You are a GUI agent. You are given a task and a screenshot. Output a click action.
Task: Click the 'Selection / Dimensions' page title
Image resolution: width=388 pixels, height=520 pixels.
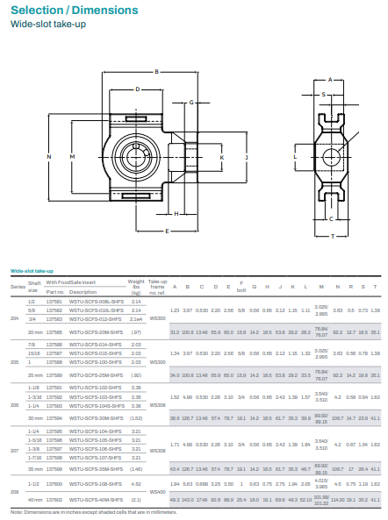[x=74, y=11]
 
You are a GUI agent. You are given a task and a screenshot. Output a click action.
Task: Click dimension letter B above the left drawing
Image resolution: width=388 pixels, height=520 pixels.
[x=155, y=71]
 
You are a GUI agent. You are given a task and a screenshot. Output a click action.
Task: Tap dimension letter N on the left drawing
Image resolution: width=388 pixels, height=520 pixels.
[x=49, y=157]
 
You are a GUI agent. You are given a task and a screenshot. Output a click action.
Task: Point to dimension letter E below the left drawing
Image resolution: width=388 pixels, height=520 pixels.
[x=167, y=232]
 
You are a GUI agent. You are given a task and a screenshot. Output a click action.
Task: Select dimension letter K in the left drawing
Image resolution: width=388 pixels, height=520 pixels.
[x=221, y=158]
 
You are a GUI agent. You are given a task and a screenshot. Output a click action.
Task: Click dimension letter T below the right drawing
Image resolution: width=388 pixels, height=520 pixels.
[x=332, y=236]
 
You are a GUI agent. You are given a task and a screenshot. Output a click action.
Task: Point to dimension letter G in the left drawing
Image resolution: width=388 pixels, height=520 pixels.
[x=191, y=102]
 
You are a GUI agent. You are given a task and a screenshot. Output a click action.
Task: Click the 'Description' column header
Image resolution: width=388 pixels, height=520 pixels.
[x=83, y=292]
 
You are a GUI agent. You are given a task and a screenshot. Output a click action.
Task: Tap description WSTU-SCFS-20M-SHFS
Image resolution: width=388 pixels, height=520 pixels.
[x=96, y=332]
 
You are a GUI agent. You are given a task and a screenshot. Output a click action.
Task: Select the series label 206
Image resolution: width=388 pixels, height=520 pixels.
[x=14, y=405]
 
